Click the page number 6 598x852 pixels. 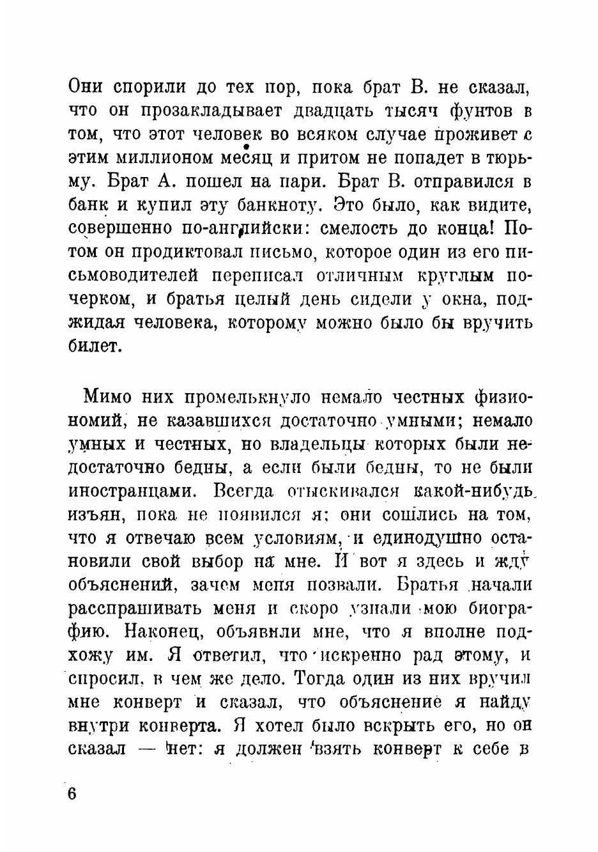72,794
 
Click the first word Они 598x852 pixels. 87,87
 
